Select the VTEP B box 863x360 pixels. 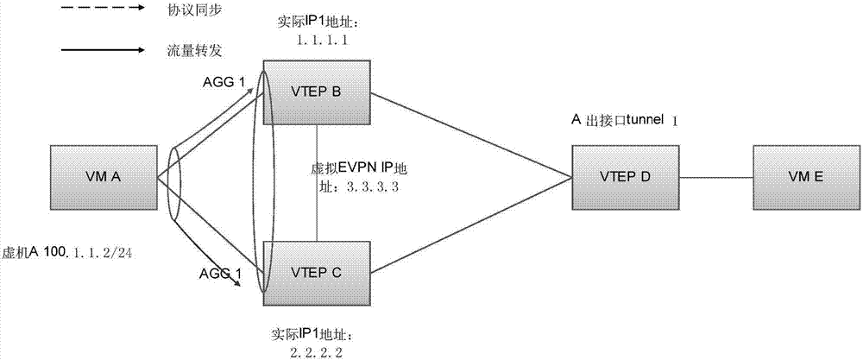point(318,90)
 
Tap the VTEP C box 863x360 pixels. point(318,272)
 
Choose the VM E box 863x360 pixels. point(804,177)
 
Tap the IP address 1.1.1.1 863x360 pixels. point(319,40)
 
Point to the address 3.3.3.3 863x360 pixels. point(372,186)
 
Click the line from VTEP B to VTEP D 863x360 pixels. point(470,134)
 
